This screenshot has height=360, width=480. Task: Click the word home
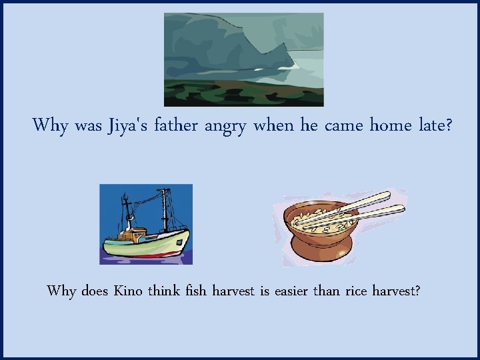click(x=386, y=125)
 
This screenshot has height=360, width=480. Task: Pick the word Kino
click(x=129, y=291)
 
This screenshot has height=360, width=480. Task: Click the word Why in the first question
click(x=49, y=125)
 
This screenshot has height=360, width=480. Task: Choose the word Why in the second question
click(x=61, y=291)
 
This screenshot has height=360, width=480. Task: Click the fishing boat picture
click(x=146, y=224)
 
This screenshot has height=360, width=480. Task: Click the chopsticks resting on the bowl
click(x=363, y=207)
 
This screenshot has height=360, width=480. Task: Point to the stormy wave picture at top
click(x=243, y=59)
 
